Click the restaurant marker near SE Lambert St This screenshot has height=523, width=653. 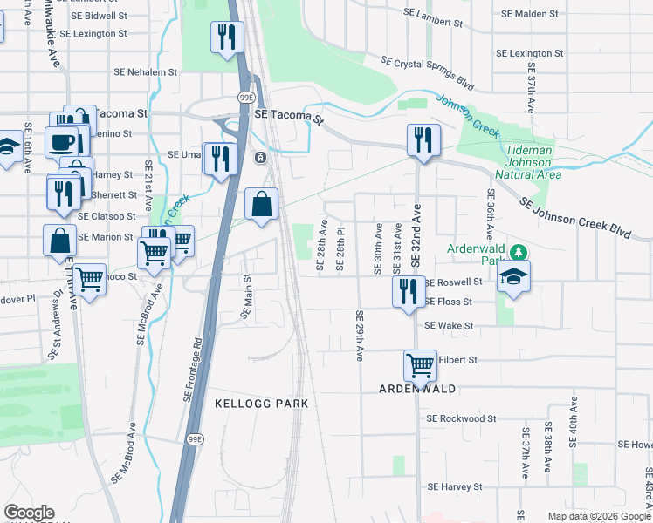coord(227,38)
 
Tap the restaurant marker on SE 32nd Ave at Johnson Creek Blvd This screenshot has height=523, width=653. coord(423,140)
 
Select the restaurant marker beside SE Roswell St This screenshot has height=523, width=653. coord(408,292)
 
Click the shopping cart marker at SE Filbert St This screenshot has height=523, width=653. coord(421,366)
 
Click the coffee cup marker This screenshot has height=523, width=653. coord(61,142)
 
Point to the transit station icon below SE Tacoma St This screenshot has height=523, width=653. coord(259,158)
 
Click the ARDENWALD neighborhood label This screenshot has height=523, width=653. coord(417,389)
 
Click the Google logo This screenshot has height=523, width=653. coord(29,513)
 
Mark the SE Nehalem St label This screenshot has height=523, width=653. coord(145,72)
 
